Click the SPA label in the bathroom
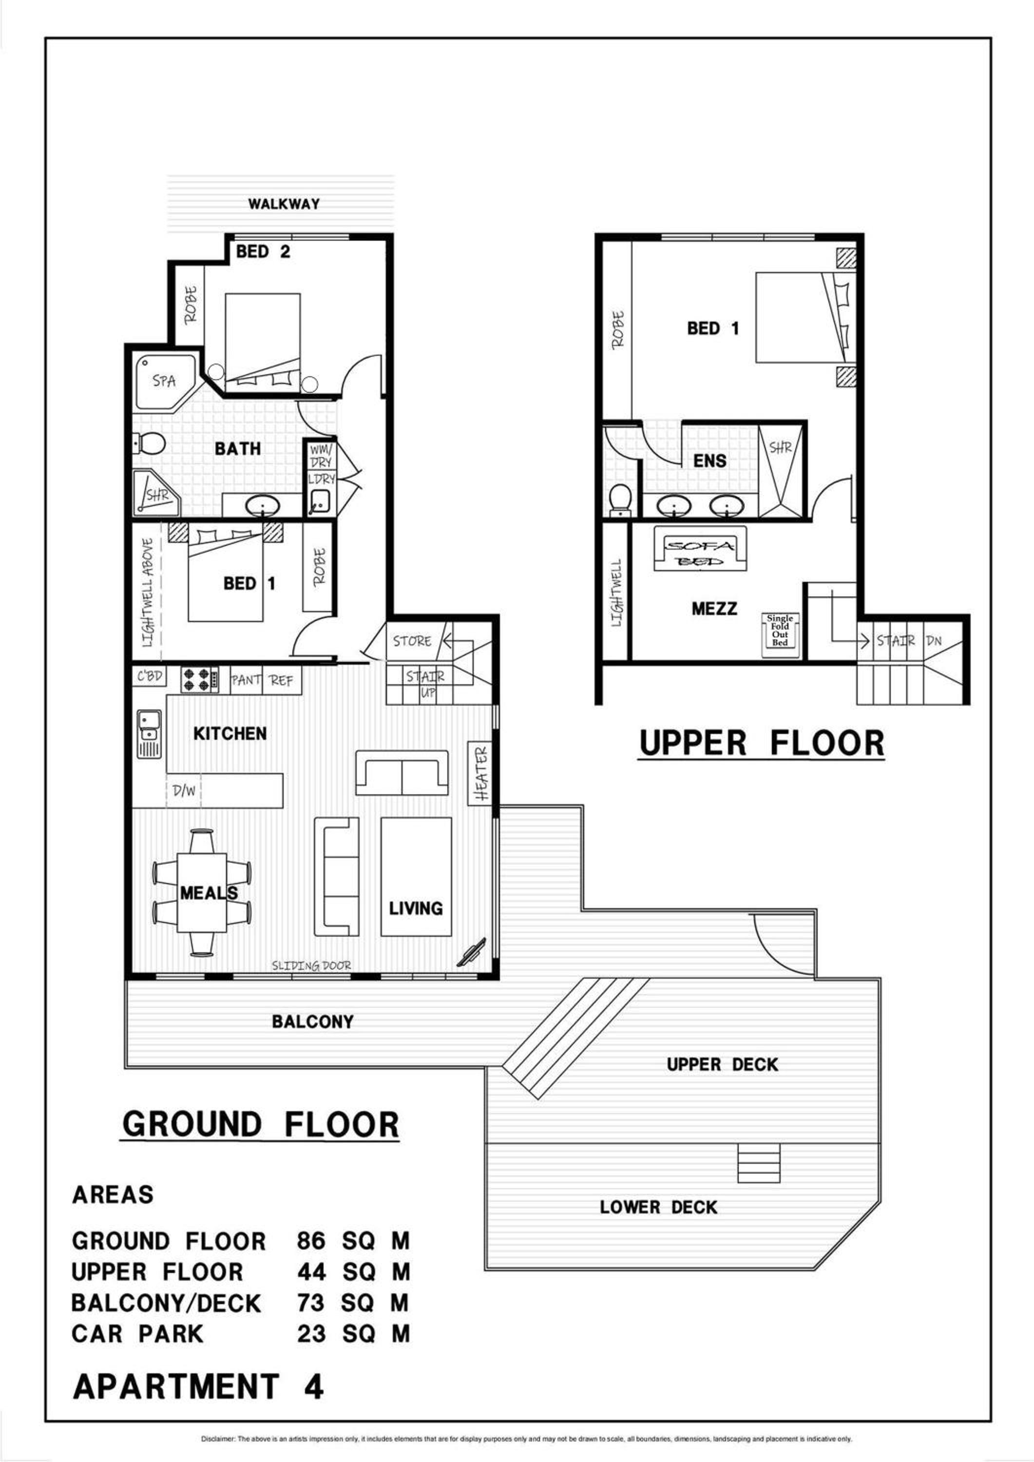(164, 381)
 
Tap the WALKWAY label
(284, 204)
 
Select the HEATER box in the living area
(481, 774)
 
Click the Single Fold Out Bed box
(780, 631)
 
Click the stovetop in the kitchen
(199, 680)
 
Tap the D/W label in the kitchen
(184, 791)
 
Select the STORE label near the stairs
(412, 641)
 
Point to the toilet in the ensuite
(619, 500)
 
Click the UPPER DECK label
(722, 1065)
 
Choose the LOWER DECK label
(658, 1207)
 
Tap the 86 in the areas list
(311, 1241)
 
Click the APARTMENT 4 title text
(199, 1386)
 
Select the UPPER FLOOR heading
(762, 743)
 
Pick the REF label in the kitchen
(281, 681)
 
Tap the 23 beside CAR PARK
(311, 1333)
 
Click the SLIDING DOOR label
(311, 966)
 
